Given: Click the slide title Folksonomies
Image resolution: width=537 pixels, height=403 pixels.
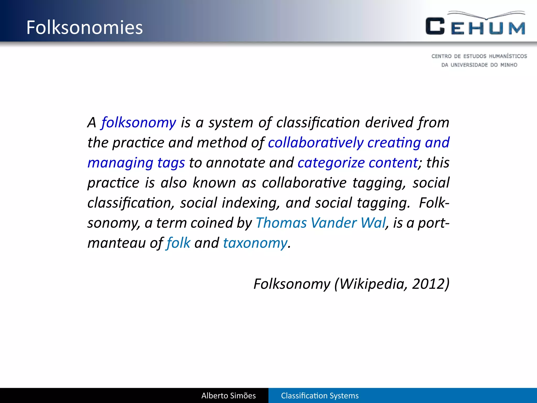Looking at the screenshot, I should (84, 28).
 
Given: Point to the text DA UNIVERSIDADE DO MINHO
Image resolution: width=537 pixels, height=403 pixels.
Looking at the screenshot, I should (479, 65).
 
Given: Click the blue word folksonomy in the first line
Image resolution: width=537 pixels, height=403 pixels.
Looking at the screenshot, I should (139, 123).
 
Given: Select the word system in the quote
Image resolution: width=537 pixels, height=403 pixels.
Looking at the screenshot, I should (231, 123).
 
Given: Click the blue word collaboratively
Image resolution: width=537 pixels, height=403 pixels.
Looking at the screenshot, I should (315, 143).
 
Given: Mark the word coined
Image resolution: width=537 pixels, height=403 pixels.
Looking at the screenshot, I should (211, 223).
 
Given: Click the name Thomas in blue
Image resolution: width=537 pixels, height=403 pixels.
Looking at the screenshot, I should (281, 223).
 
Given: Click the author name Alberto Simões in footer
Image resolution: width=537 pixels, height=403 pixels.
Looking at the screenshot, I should (228, 396).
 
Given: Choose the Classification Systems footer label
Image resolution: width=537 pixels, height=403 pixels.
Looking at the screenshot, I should (320, 396).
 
